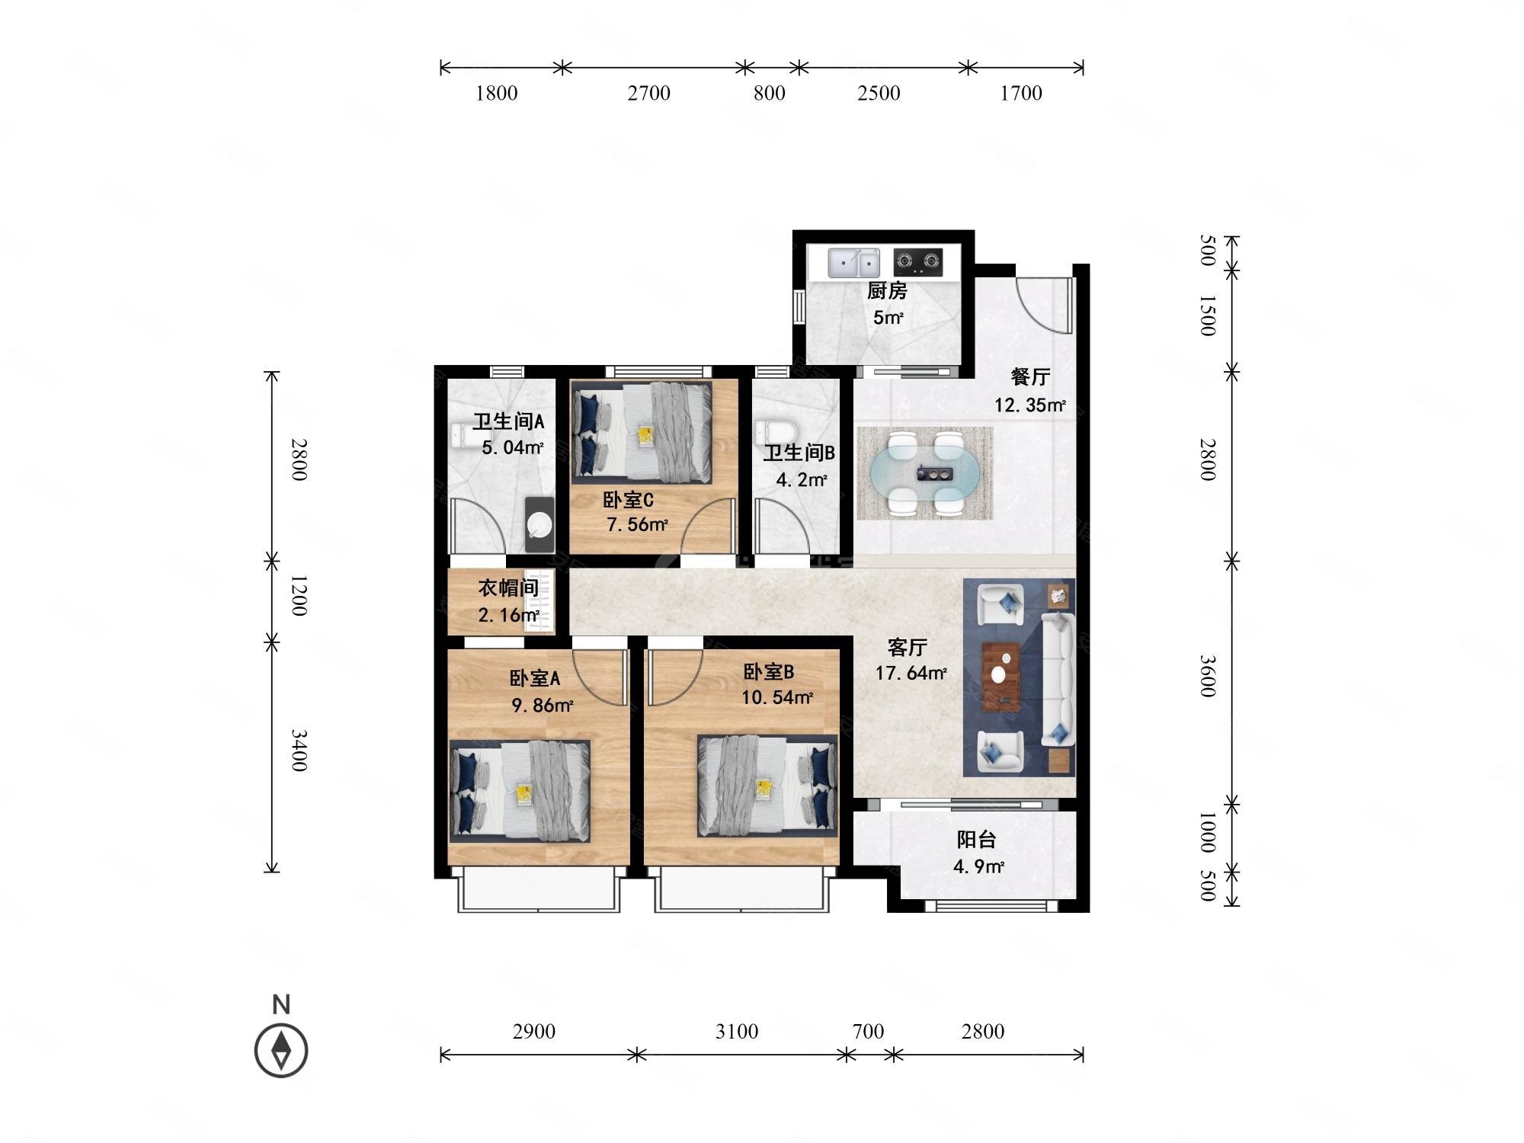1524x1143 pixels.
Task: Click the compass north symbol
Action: pos(281,1049)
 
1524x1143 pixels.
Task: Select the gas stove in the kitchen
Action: pos(917,263)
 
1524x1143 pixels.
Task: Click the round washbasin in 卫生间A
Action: pos(540,524)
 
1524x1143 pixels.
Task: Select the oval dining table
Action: pos(924,473)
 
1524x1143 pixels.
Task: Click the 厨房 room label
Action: pos(887,291)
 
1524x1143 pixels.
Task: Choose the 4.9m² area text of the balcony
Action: pos(978,866)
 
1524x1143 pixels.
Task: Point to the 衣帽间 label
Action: pos(508,588)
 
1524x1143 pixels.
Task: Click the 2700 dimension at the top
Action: pos(649,93)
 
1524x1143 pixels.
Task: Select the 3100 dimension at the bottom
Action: pos(737,1031)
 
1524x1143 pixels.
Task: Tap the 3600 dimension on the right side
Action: pos(1208,676)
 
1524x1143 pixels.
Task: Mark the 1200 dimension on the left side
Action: pos(299,596)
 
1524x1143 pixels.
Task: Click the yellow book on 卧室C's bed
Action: pos(645,437)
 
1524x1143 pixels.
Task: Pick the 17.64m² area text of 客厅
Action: pos(911,674)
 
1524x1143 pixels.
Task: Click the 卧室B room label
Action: pos(769,672)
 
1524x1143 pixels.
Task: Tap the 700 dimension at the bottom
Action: pos(868,1031)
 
